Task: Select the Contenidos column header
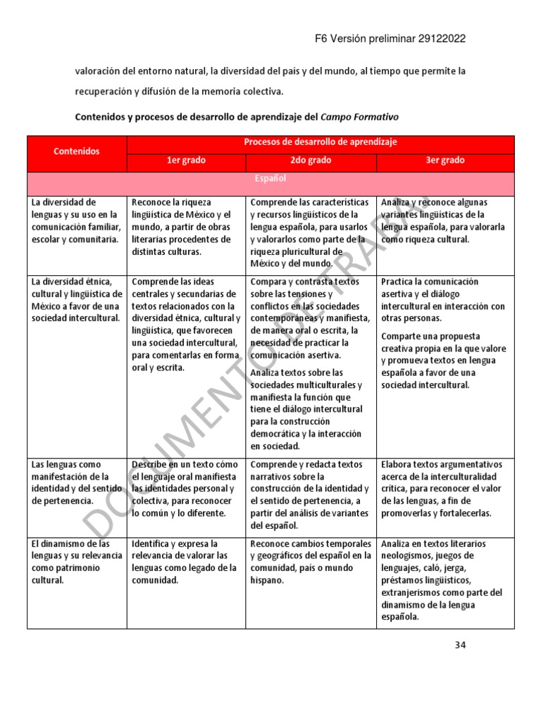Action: pyautogui.click(x=77, y=151)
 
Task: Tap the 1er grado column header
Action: pyautogui.click(x=186, y=161)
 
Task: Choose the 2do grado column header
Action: pyautogui.click(x=311, y=161)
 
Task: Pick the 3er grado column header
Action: pyautogui.click(x=444, y=161)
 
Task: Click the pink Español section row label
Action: pyautogui.click(x=270, y=180)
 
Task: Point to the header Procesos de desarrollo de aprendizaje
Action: pyautogui.click(x=321, y=142)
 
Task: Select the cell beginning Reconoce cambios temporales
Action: pyautogui.click(x=311, y=562)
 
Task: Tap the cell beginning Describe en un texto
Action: pyautogui.click(x=185, y=489)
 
